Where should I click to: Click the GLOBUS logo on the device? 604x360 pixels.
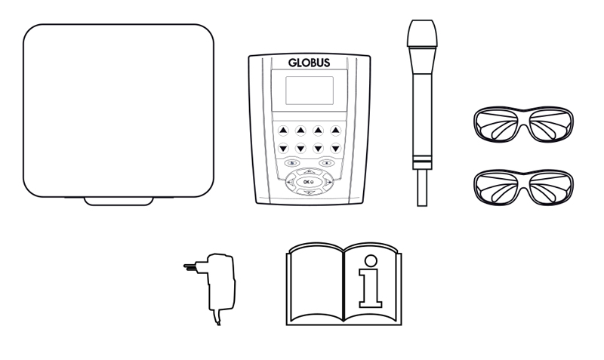point(309,63)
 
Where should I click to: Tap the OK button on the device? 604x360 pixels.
point(309,182)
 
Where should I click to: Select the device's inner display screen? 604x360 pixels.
point(310,91)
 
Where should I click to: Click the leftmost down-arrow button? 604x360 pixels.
point(283,148)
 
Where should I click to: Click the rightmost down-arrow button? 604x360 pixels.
point(335,148)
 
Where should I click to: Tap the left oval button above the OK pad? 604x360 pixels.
point(291,163)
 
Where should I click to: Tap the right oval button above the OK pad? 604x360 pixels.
point(327,163)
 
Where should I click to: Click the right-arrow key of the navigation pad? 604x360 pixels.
point(328,182)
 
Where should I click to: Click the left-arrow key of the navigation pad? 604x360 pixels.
point(291,182)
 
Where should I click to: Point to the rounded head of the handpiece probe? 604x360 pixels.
point(422,33)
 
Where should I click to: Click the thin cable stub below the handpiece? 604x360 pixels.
point(422,188)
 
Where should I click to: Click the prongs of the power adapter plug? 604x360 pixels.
point(191,266)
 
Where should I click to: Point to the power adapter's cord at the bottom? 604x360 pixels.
point(217,318)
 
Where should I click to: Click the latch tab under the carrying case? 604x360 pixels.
point(119,201)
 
